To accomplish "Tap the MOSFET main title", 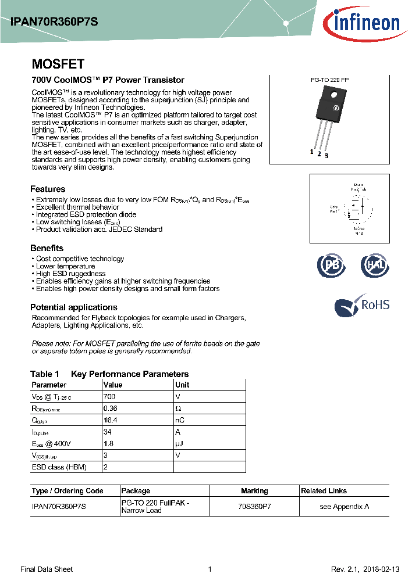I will tap(58, 64).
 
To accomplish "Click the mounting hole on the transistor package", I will tap(334, 95).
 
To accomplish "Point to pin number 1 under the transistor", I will tap(312, 152).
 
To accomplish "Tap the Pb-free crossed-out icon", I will tap(331, 266).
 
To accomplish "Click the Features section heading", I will tap(48, 189).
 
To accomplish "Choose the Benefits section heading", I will tap(47, 248).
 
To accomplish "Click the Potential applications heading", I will tap(74, 307).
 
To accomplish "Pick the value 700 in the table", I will tap(109, 396).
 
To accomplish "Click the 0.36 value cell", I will tap(110, 408).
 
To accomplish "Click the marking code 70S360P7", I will tap(254, 507).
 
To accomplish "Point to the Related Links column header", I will tap(324, 491).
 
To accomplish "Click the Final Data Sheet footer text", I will tap(47, 569).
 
